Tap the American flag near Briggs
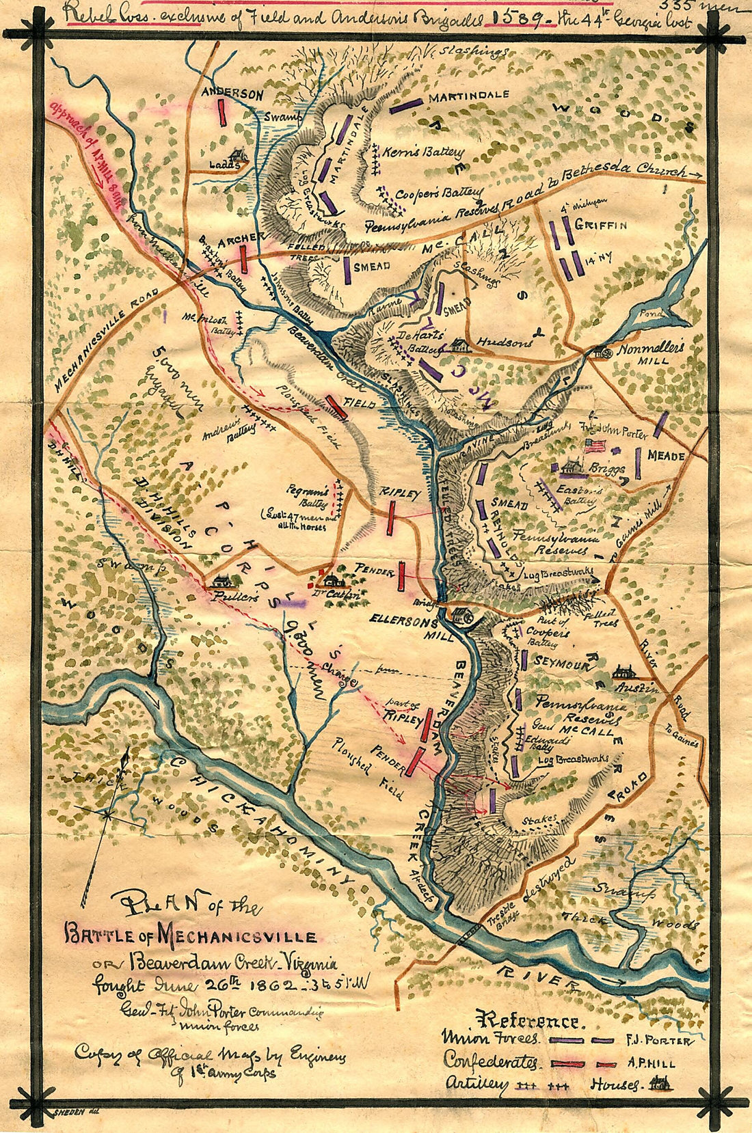(596, 446)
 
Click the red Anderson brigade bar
(223, 111)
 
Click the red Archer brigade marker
(243, 258)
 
